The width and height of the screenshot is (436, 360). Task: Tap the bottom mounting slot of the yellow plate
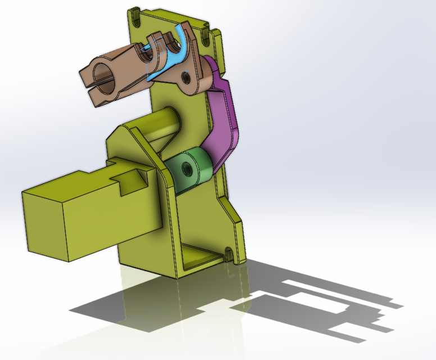(230, 251)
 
